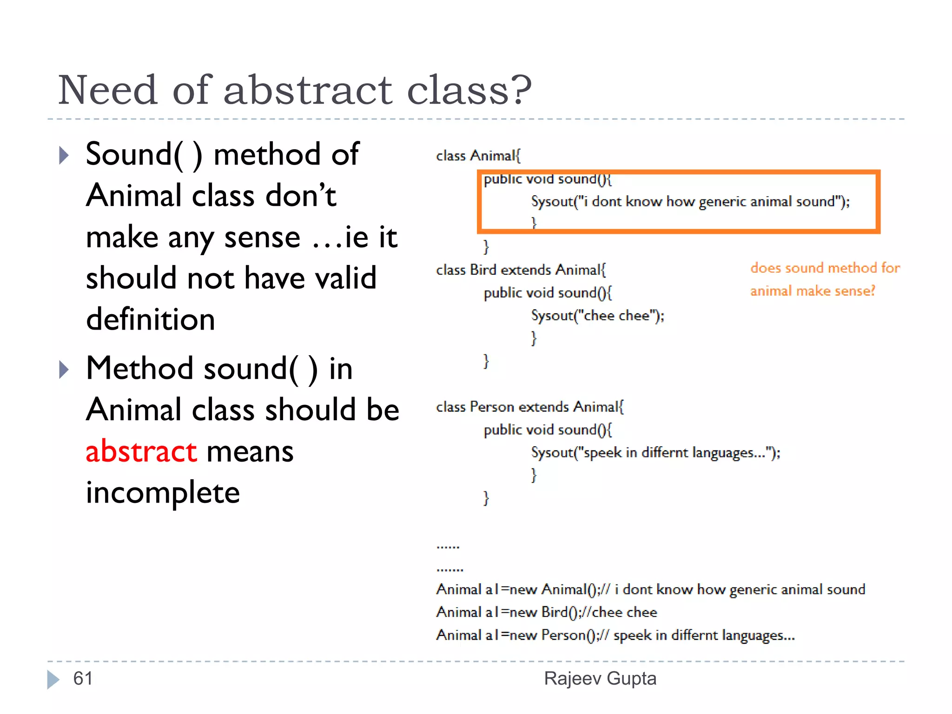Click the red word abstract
point(141,452)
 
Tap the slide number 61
point(83,679)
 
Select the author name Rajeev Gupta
point(600,679)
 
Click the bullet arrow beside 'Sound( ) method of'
point(64,156)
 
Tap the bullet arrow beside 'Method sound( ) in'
point(64,370)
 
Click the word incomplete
point(163,493)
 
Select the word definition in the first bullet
point(151,320)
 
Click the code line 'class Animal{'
point(478,156)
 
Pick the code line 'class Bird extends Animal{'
point(521,270)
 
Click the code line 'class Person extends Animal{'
point(530,407)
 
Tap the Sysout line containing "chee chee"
point(598,316)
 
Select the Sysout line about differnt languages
point(655,453)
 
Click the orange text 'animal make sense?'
point(813,291)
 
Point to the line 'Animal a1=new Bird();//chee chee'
point(547,612)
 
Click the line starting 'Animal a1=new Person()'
point(615,635)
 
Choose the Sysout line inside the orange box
point(690,202)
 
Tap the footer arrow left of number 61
point(53,679)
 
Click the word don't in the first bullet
point(300,196)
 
